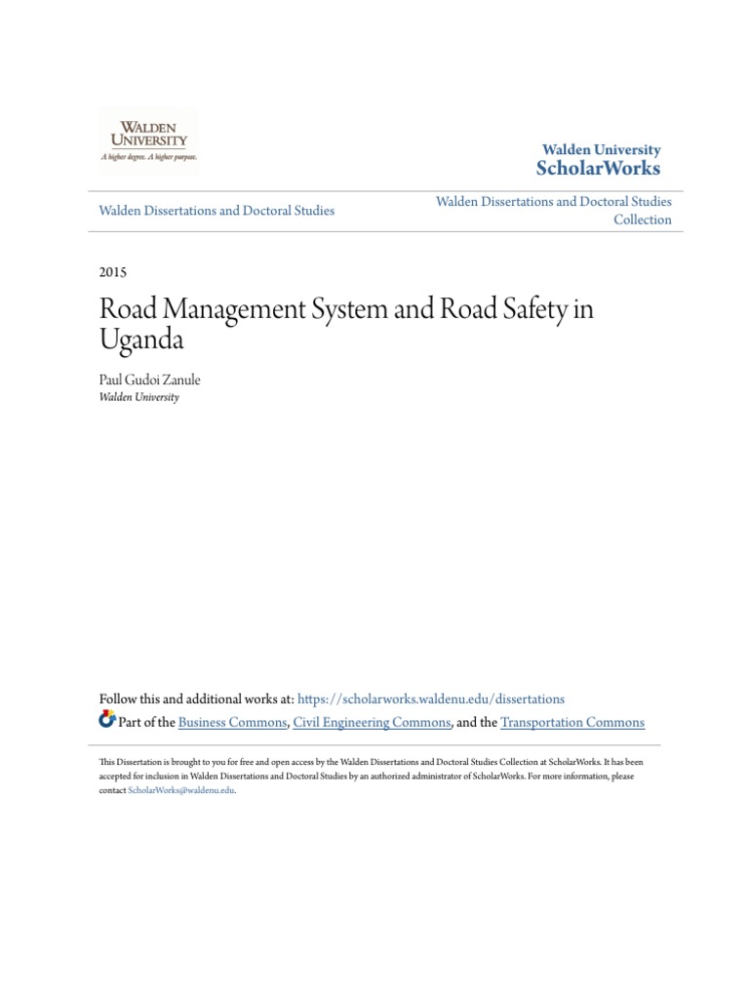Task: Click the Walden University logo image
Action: click(148, 141)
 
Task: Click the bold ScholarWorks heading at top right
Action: click(598, 169)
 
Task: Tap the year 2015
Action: click(113, 272)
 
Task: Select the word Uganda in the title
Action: click(141, 342)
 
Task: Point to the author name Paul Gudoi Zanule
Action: click(149, 380)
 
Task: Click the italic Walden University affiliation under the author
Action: click(139, 397)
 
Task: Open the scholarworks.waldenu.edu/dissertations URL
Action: click(430, 699)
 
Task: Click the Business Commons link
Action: click(233, 723)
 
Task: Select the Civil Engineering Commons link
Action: click(372, 723)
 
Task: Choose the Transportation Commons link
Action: click(572, 723)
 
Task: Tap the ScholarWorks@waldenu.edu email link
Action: click(181, 790)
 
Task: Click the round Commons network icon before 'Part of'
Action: click(107, 721)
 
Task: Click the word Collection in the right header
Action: click(642, 220)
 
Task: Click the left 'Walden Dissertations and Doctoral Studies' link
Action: click(217, 211)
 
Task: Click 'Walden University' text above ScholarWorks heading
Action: click(601, 150)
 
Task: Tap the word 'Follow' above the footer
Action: click(119, 699)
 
